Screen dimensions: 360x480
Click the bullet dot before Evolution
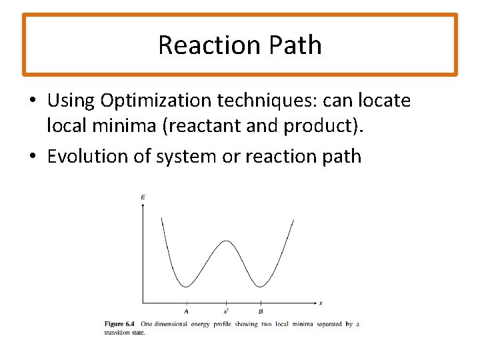point(33,157)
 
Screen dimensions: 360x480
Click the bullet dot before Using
point(33,101)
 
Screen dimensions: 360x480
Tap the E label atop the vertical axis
point(143,197)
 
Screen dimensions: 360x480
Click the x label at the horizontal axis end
point(321,303)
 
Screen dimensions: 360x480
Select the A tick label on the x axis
point(186,311)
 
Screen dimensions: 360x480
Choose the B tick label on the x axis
point(261,311)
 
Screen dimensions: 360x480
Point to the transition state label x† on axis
point(227,311)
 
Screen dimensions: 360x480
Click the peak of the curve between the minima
point(225,241)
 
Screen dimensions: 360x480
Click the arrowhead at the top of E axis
point(143,206)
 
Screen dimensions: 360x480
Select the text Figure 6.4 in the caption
point(121,324)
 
